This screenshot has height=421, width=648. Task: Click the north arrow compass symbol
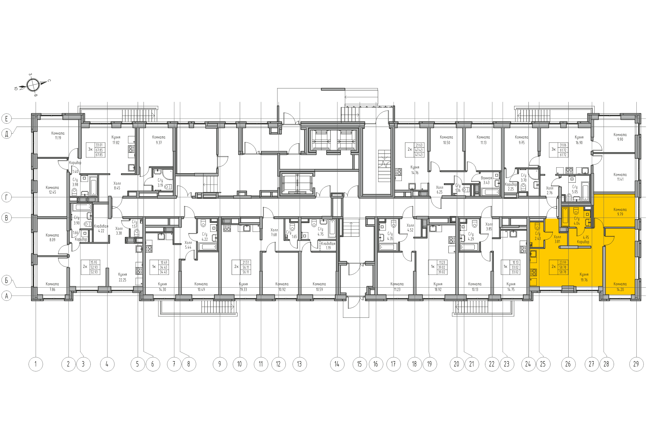click(x=33, y=85)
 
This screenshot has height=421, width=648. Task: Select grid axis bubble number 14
click(x=337, y=364)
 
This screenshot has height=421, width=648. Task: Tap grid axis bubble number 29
click(x=636, y=364)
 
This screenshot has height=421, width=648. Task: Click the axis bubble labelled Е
click(x=6, y=119)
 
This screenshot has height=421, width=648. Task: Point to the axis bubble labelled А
click(x=6, y=296)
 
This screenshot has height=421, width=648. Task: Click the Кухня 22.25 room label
click(x=122, y=277)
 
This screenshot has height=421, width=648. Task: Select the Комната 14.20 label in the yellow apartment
click(x=620, y=287)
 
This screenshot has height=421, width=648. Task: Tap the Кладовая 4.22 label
click(x=101, y=228)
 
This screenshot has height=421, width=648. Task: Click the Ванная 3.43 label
click(x=486, y=180)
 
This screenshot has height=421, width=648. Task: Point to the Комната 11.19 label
click(x=58, y=135)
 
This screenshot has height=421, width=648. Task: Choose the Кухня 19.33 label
click(x=243, y=287)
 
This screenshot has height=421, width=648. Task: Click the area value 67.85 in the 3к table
click(x=99, y=150)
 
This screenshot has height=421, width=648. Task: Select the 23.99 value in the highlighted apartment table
click(x=563, y=263)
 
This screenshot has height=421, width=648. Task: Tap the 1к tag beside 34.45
click(x=154, y=267)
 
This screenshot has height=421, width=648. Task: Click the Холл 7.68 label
click(x=274, y=232)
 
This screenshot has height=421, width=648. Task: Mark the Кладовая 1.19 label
click(x=328, y=245)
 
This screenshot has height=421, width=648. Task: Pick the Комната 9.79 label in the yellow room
click(x=620, y=212)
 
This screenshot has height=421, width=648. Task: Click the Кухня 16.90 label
click(x=579, y=140)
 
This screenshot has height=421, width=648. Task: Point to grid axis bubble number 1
click(x=36, y=364)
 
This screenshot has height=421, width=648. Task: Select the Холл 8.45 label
click(x=117, y=186)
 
